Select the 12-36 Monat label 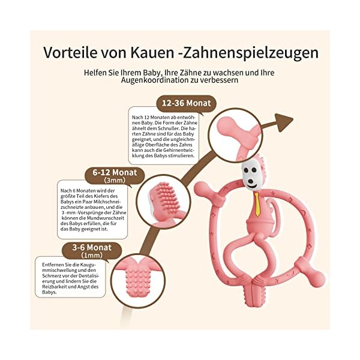click(x=185, y=103)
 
